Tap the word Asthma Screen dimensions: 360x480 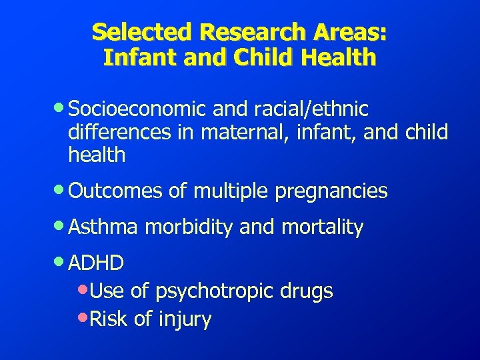[x=103, y=227]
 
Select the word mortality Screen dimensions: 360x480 [x=321, y=228]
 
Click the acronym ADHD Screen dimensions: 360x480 [x=96, y=263]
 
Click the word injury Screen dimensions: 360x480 [x=185, y=320]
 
